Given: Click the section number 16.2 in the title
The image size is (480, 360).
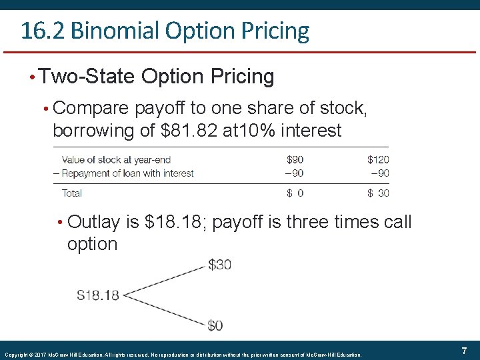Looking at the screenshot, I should pyautogui.click(x=41, y=31).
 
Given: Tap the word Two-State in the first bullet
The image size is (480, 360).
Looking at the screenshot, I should pyautogui.click(x=87, y=77).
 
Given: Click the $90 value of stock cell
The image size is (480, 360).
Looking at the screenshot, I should pyautogui.click(x=295, y=159).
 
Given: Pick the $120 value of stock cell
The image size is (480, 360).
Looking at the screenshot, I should pyautogui.click(x=378, y=159).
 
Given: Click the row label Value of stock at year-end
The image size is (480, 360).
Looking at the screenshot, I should pyautogui.click(x=116, y=159).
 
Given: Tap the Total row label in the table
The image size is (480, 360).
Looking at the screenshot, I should pyautogui.click(x=72, y=193).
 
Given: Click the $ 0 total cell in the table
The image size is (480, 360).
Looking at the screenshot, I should pyautogui.click(x=295, y=193).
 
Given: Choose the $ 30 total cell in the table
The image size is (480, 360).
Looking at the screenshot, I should pyautogui.click(x=378, y=193).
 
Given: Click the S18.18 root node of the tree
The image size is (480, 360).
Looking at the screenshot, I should pyautogui.click(x=98, y=295).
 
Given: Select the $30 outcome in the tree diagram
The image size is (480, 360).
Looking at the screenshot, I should pyautogui.click(x=220, y=265).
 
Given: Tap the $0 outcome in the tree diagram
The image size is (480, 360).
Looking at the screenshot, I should pyautogui.click(x=215, y=325).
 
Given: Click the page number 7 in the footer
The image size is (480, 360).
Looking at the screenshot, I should pyautogui.click(x=464, y=351).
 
